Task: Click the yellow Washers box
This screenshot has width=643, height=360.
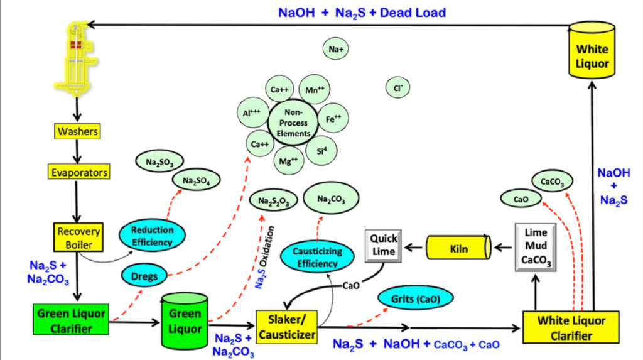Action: coord(78,132)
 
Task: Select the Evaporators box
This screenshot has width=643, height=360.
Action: coord(78,172)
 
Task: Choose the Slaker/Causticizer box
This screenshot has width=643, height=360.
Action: coord(286,327)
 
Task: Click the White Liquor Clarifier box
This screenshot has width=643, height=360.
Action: coord(572,327)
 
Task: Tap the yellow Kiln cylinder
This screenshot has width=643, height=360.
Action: coord(458,249)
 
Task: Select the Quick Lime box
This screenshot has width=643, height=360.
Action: coord(382,245)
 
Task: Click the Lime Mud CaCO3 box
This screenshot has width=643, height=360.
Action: coord(536,247)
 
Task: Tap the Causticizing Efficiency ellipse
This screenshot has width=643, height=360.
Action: coord(317,257)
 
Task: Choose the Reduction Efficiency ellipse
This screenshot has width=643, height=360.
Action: coord(153,236)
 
